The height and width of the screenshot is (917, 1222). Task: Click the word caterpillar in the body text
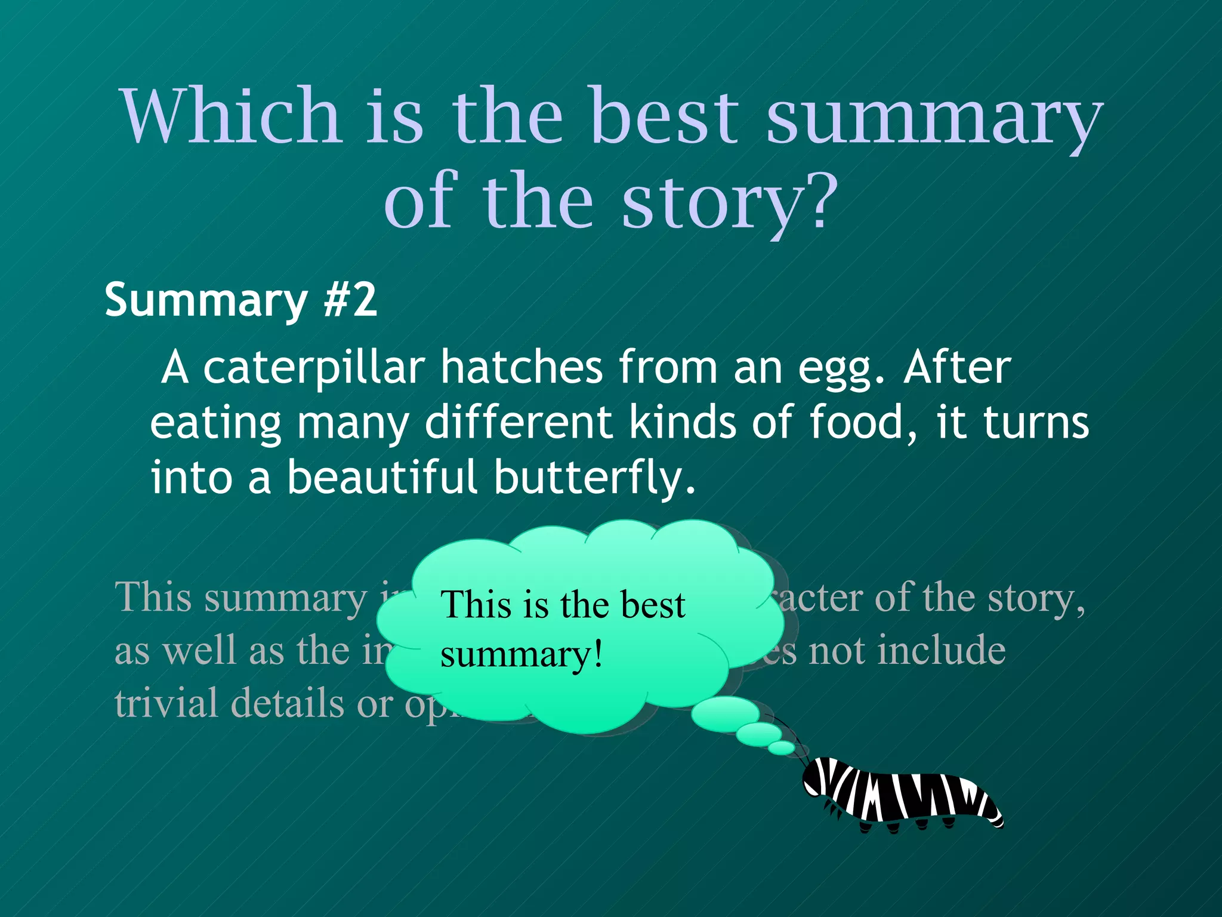coord(314,368)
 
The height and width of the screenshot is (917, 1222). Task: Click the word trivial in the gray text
coord(165,703)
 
